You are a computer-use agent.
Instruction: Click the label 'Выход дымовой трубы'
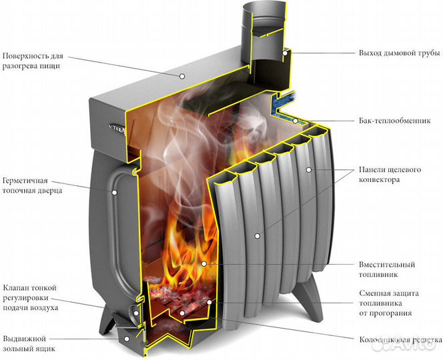[x=400, y=53]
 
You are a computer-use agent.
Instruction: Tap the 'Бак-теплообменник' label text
[x=395, y=121]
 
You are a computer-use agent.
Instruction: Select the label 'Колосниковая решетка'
[x=400, y=339]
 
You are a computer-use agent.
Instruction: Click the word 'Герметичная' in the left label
[x=25, y=181]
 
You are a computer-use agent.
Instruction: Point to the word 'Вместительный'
[x=387, y=265]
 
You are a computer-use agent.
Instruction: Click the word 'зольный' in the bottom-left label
[x=17, y=349]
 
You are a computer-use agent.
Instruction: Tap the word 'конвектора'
[x=379, y=180]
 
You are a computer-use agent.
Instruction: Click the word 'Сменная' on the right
[x=374, y=293]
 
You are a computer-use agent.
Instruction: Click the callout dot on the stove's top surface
[x=182, y=76]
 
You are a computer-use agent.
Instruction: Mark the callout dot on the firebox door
[x=115, y=192]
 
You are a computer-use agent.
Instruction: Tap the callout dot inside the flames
[x=203, y=264]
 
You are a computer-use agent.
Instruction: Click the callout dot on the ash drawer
[x=127, y=339]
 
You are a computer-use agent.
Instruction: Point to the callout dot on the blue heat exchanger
[x=296, y=121]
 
